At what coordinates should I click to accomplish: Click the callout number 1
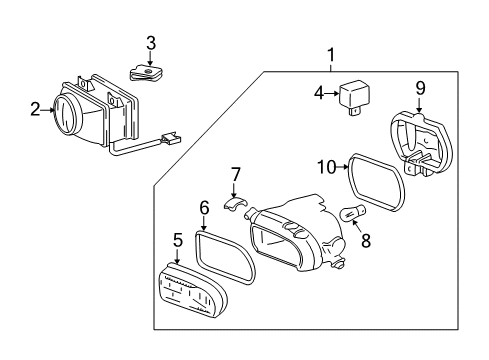pyautogui.click(x=331, y=55)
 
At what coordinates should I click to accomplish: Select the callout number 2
pyautogui.click(x=35, y=109)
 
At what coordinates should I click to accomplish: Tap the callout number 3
pyautogui.click(x=151, y=43)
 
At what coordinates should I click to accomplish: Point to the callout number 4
pyautogui.click(x=319, y=93)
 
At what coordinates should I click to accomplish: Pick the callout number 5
pyautogui.click(x=178, y=240)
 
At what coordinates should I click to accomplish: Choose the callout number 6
pyautogui.click(x=204, y=208)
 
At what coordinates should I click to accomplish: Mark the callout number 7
pyautogui.click(x=235, y=175)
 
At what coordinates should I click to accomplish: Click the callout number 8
pyautogui.click(x=366, y=241)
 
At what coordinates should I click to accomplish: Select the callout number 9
pyautogui.click(x=420, y=88)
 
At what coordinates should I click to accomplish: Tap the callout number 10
pyautogui.click(x=327, y=167)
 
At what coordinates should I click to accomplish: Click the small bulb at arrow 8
pyautogui.click(x=353, y=213)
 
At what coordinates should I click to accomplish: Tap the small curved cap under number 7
pyautogui.click(x=235, y=203)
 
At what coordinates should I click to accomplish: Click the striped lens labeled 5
pyautogui.click(x=191, y=290)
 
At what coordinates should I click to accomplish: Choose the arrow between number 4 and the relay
pyautogui.click(x=332, y=93)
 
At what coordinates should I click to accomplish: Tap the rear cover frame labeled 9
pyautogui.click(x=421, y=144)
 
